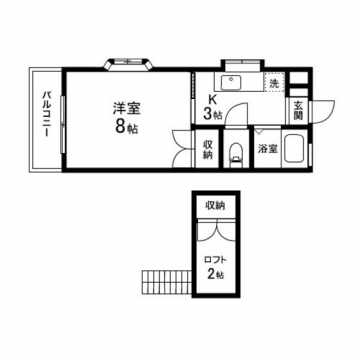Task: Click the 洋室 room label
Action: click(126, 109)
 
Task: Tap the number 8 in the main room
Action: click(121, 126)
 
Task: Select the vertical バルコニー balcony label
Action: click(46, 113)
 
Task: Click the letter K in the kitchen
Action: click(211, 99)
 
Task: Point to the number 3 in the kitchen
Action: click(207, 114)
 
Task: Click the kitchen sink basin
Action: click(231, 82)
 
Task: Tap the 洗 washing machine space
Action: click(274, 82)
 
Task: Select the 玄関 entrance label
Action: click(298, 111)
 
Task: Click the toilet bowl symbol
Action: click(236, 153)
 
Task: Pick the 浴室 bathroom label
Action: click(268, 149)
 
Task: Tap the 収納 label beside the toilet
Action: click(208, 149)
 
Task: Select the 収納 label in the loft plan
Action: click(215, 206)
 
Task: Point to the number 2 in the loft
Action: click(212, 274)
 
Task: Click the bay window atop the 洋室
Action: click(128, 64)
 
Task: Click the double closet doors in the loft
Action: click(215, 230)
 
